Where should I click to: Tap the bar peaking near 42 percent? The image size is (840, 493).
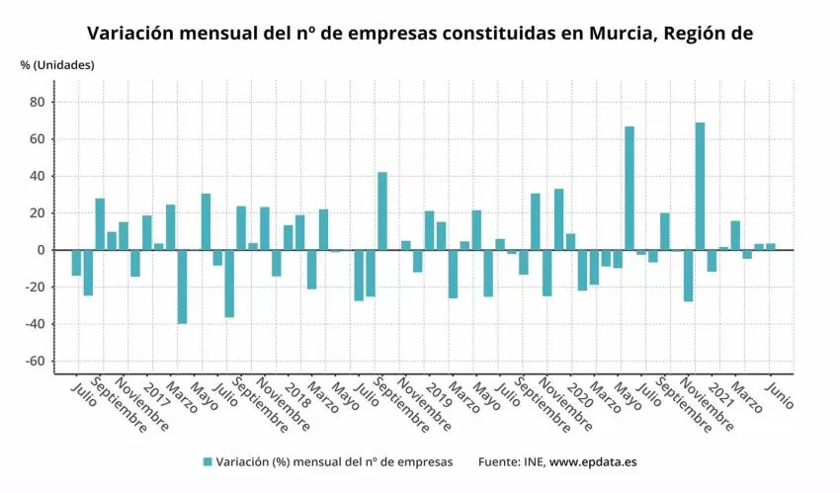point(382,210)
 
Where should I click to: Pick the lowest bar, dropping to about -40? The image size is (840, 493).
point(182,287)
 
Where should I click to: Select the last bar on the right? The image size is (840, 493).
point(771,247)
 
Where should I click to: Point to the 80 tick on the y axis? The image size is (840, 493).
point(38,102)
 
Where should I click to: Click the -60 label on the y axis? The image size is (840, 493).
point(35,362)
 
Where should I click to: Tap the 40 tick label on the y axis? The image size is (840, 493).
point(38,176)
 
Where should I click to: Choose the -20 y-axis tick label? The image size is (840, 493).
point(35,288)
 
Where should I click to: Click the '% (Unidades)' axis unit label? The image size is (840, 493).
point(57,65)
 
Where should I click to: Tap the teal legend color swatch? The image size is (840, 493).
point(208,461)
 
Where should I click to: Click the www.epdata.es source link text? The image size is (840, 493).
point(593,461)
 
